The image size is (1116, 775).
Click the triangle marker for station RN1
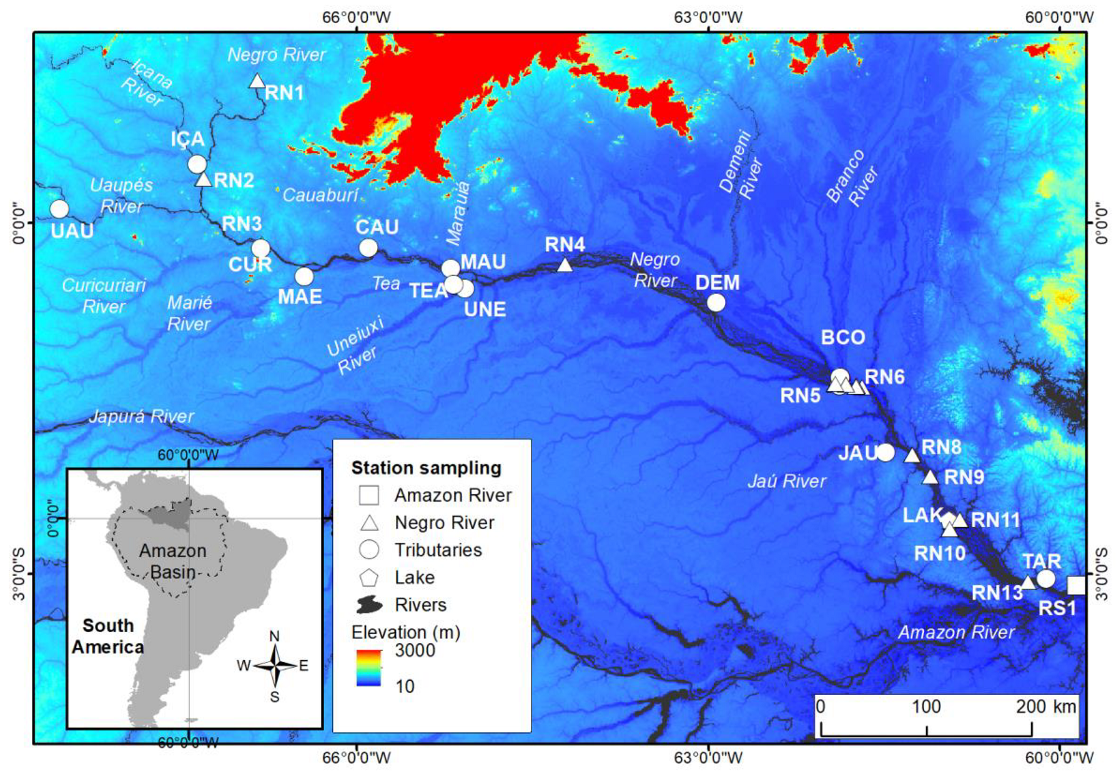coord(257,81)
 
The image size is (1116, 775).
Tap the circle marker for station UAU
coord(59,208)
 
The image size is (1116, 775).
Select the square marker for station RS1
coord(1075,585)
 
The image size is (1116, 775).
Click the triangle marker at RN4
coord(565,265)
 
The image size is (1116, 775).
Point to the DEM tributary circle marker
coord(716,303)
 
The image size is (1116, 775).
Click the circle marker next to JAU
coord(886,452)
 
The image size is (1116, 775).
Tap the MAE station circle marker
coord(304,276)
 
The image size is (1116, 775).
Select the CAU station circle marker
coord(368,248)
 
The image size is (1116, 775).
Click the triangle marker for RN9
coord(931,478)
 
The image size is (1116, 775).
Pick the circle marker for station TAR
coord(1046,578)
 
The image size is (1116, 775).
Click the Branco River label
coord(852,178)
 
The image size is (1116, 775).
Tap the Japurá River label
coord(142,416)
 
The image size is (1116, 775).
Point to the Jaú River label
coord(787,481)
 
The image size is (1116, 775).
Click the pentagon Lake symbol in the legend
coord(369,578)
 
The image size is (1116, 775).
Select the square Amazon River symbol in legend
coord(369,495)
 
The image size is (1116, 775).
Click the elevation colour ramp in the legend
coord(368,668)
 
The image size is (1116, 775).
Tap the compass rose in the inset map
coord(275,666)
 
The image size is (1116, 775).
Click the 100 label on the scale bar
coord(926,706)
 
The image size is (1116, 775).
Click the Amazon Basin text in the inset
coord(172,561)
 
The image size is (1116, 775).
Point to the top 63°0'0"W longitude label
coord(708,17)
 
